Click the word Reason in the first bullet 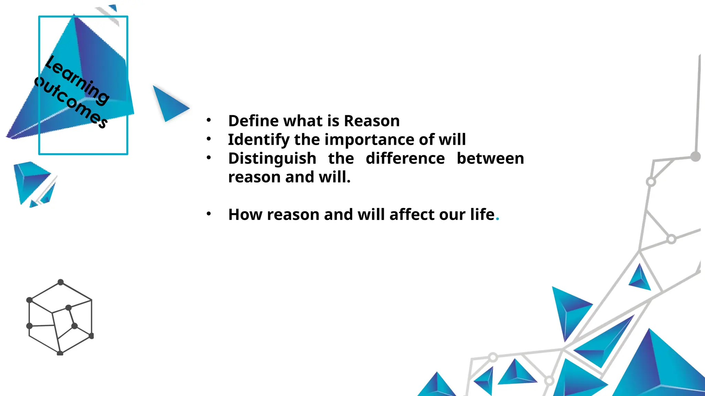[x=372, y=121]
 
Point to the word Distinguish [x=272, y=159]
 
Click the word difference [x=405, y=158]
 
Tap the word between [x=490, y=158]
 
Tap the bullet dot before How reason [x=209, y=214]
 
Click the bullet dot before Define [x=209, y=120]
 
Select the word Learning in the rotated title [x=78, y=80]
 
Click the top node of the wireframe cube [x=61, y=282]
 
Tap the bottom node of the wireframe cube [x=60, y=353]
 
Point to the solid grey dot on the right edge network [x=695, y=157]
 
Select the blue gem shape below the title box [x=33, y=182]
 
